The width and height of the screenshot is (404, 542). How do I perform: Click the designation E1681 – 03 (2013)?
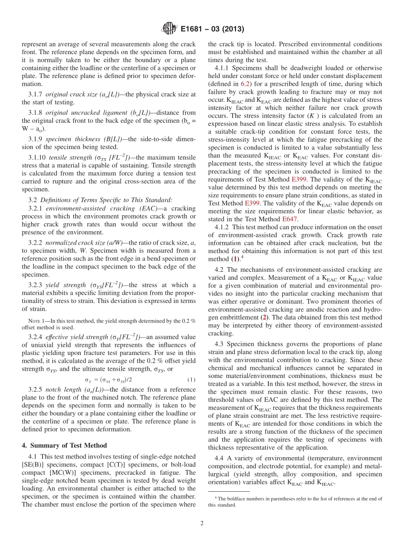(x=212, y=29)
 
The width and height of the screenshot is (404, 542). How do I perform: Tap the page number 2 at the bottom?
(x=202, y=523)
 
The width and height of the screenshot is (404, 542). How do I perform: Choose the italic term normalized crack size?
(x=72, y=242)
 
